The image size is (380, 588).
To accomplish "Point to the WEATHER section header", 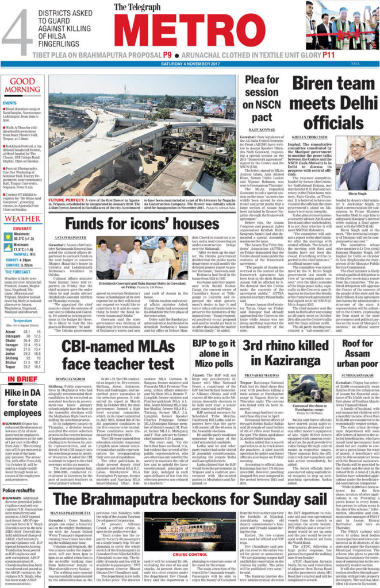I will tap(23, 219).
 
